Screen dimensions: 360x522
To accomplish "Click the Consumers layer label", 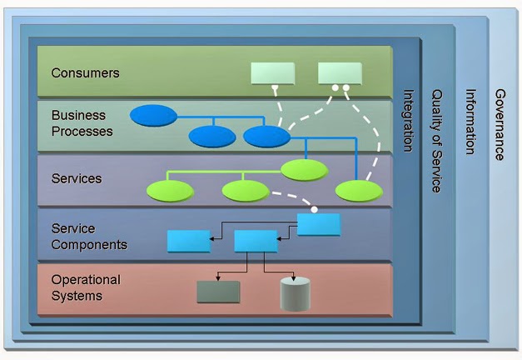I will tap(85, 72).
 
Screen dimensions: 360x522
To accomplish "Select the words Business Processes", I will tap(82, 122).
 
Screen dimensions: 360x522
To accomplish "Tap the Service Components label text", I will tap(88, 237).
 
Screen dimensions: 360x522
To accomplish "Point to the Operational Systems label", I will tap(86, 287).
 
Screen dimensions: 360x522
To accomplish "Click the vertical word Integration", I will tap(408, 121).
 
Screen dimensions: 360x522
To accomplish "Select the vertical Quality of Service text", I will tap(435, 141).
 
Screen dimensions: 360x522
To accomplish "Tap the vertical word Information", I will tap(470, 122).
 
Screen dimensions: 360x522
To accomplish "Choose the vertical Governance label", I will tap(499, 124).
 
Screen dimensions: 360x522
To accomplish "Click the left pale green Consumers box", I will tap(273, 73).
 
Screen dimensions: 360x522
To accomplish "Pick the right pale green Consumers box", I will tap(340, 73).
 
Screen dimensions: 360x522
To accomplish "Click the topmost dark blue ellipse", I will tap(153, 115).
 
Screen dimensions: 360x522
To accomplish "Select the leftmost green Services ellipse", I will tap(170, 191).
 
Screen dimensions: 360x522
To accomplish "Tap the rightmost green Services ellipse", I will tap(359, 191).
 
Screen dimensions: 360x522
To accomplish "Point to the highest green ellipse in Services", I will tap(305, 170).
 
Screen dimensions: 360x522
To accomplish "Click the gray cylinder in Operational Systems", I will tap(295, 294).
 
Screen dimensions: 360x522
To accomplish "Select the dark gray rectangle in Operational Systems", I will tap(218, 292).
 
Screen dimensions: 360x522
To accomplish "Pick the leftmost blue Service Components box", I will tap(189, 241).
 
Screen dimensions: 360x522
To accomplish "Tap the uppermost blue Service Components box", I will tap(319, 224).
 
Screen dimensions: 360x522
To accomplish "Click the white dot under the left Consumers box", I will tap(274, 87).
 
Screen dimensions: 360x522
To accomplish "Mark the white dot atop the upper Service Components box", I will tap(315, 209).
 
